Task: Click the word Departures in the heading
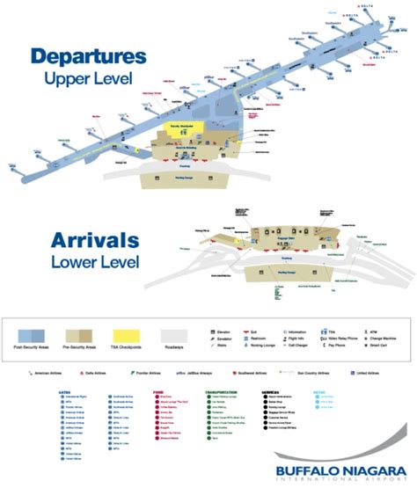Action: click(87, 57)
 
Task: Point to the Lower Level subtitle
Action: click(84, 261)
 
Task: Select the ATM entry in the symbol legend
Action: click(364, 333)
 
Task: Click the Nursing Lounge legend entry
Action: click(267, 349)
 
